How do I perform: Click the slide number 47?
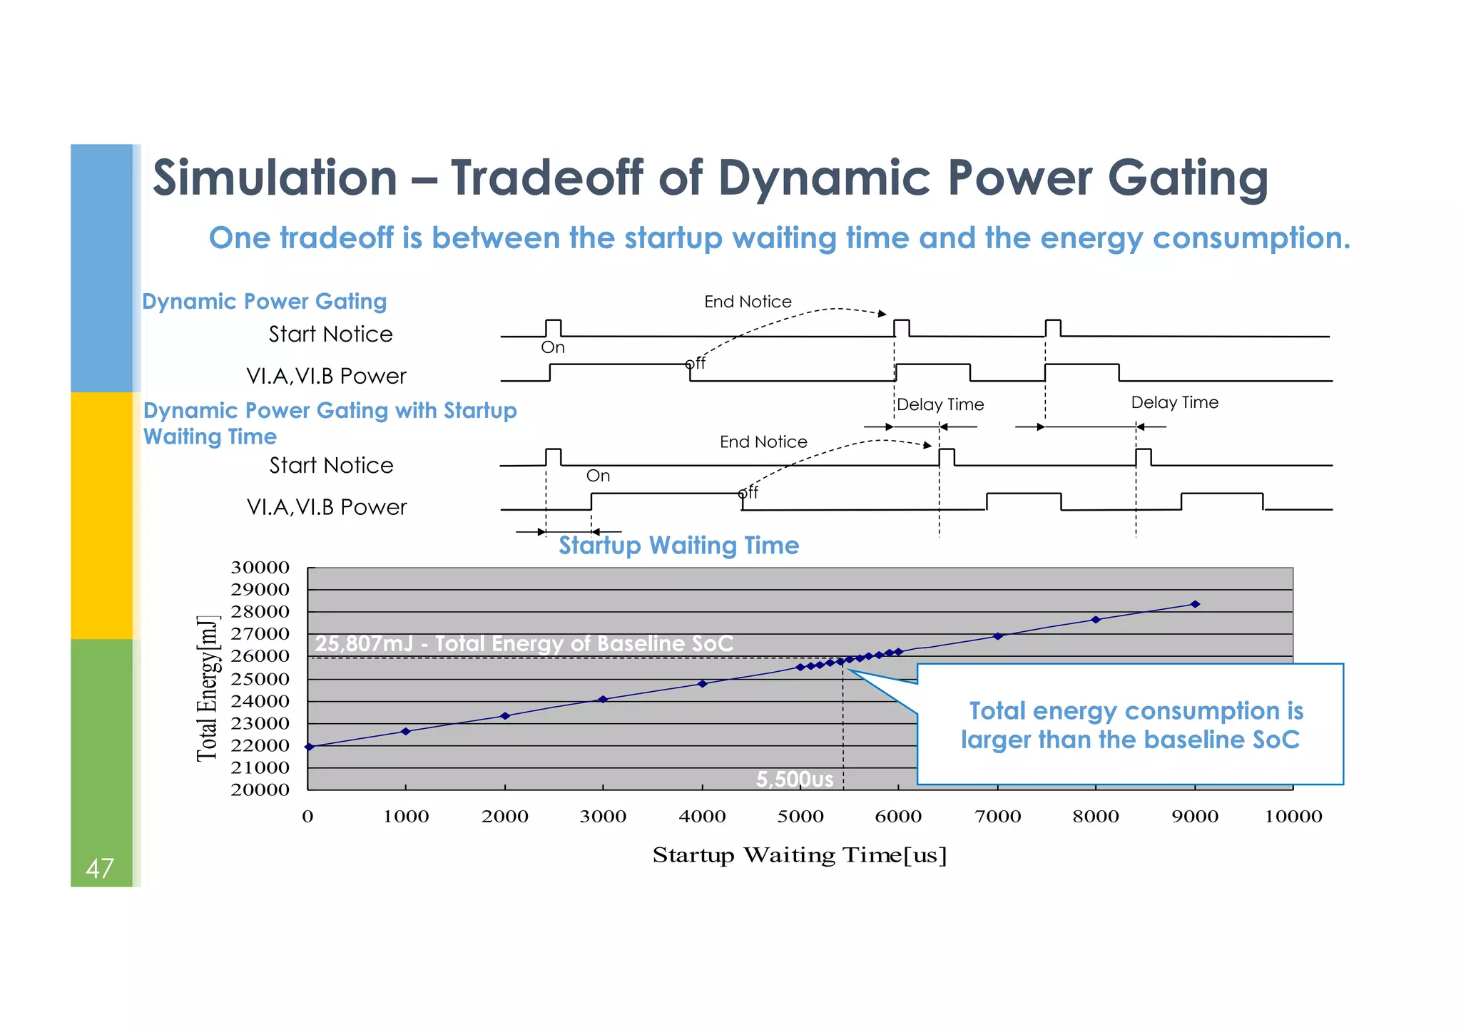[x=99, y=868]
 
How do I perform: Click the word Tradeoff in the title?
[x=547, y=178]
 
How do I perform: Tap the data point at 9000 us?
[x=1195, y=604]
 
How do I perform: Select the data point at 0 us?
[x=309, y=747]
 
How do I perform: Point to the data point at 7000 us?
[x=998, y=635]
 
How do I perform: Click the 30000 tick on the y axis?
[x=260, y=568]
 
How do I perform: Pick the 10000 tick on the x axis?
[x=1293, y=817]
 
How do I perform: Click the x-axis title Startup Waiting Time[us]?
[x=799, y=855]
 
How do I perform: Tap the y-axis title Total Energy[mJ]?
[x=207, y=688]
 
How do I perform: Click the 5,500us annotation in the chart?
[x=794, y=779]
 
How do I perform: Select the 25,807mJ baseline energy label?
[x=524, y=643]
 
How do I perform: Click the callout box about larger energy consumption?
[x=1131, y=725]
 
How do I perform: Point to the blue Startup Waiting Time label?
[x=678, y=546]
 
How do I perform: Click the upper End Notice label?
[x=748, y=302]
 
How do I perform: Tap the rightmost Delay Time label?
[x=1174, y=403]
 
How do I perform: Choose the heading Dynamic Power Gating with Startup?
[x=330, y=411]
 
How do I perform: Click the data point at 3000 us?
[x=603, y=699]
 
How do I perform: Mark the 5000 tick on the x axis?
[x=800, y=817]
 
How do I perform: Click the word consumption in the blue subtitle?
[x=1251, y=238]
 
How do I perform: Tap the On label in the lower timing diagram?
[x=598, y=476]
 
